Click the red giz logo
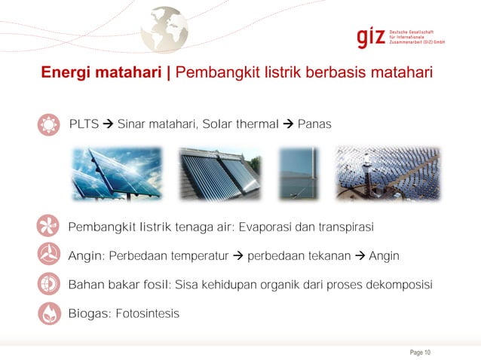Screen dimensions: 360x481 [x=371, y=37]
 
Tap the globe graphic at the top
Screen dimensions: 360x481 [x=164, y=29]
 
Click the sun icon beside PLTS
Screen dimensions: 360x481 [x=47, y=124]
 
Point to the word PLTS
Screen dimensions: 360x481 [x=84, y=124]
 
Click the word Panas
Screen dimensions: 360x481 [x=314, y=124]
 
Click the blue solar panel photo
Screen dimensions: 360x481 [x=117, y=173]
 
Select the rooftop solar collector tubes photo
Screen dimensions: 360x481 [x=219, y=173]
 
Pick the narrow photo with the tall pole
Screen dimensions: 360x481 [x=299, y=173]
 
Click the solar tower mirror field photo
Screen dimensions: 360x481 [x=387, y=173]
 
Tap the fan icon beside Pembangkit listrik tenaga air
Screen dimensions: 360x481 [x=47, y=226]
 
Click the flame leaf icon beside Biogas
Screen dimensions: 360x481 [x=47, y=313]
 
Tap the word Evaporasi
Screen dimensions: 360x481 [x=265, y=227]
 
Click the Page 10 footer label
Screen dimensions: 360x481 [x=419, y=352]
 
